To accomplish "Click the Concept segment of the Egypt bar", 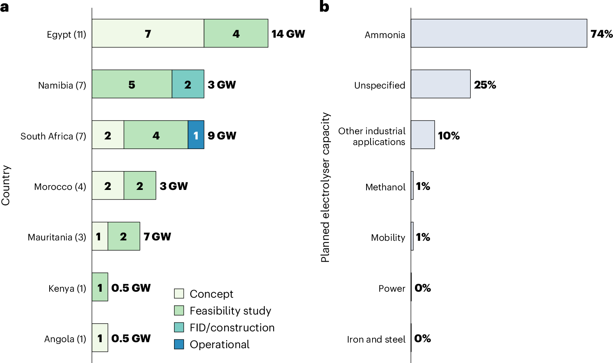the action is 148,33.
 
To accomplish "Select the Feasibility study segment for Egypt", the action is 236,33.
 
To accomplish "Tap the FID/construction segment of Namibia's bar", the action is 188,84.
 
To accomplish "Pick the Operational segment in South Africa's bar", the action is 196,135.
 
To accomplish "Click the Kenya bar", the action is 100,287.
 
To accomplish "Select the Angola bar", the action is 100,338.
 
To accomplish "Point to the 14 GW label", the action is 288,34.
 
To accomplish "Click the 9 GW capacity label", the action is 222,135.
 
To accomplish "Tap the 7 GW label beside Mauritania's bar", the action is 157,237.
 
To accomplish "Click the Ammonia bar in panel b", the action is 499,33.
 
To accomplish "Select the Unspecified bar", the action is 440,84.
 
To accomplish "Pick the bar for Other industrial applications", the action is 423,135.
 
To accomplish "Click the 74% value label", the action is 601,34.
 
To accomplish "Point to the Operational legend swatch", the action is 179,344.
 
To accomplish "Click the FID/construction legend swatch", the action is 179,327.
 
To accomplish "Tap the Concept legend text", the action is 211,294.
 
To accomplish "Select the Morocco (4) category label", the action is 60,187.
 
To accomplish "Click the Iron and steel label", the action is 376,339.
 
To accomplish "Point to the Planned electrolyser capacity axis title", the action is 325,187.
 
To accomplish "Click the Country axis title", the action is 6,186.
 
